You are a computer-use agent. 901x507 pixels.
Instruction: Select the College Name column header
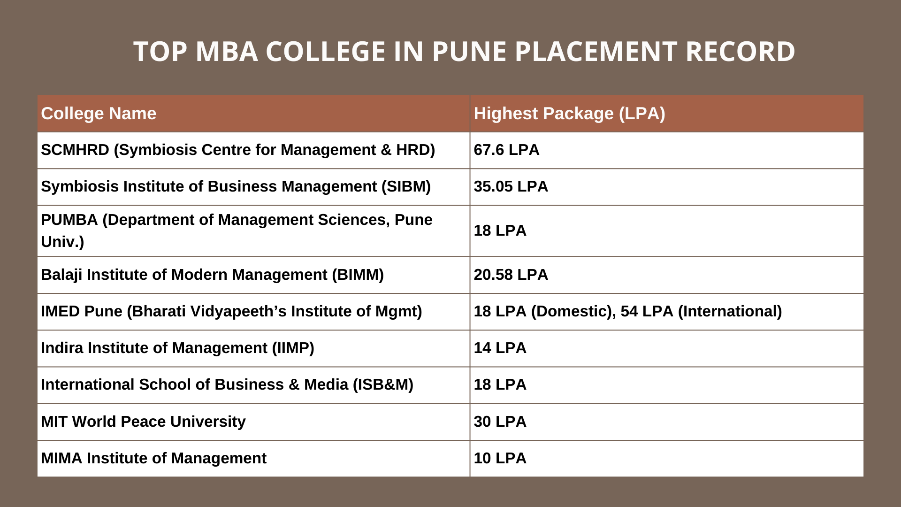click(99, 114)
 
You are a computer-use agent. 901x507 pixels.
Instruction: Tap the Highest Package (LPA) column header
click(569, 114)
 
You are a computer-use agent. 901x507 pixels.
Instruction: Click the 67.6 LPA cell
click(506, 150)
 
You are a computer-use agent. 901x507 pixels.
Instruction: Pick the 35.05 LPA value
click(511, 186)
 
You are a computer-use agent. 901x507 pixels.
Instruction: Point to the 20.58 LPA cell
click(511, 275)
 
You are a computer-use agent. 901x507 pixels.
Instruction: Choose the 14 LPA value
click(500, 348)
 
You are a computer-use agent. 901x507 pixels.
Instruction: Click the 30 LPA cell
click(500, 422)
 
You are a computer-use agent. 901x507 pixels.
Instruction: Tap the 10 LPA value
click(500, 458)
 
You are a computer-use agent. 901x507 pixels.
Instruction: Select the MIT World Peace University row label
click(143, 422)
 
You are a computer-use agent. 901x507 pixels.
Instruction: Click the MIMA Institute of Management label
click(153, 458)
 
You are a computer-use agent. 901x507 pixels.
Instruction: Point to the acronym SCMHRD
click(75, 150)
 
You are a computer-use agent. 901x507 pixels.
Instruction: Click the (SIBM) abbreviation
click(406, 186)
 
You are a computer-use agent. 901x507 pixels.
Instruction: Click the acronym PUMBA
click(69, 220)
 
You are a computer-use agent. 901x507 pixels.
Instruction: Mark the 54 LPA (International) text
click(701, 311)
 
